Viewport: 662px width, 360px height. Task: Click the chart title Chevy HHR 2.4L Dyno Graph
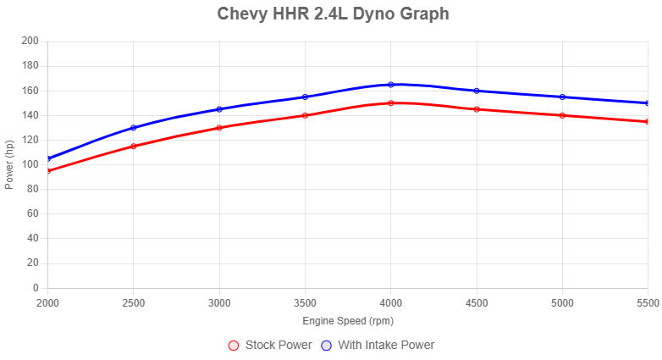(x=333, y=14)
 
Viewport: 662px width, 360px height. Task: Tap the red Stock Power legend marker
(x=234, y=346)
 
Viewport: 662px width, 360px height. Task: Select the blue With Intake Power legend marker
(x=326, y=346)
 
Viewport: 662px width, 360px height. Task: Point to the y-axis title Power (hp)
(x=8, y=164)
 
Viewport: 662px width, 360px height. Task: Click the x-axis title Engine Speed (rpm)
(x=348, y=321)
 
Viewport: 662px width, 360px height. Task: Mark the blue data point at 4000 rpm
(x=391, y=85)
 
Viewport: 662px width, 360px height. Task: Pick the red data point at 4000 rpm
(x=391, y=102)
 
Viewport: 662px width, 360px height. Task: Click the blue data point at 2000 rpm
(x=48, y=158)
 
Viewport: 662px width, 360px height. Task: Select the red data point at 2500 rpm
(x=134, y=147)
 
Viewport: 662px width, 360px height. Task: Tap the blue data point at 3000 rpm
(x=219, y=109)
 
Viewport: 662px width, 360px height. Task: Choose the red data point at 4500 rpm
(x=477, y=109)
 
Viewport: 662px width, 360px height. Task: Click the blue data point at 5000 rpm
(x=562, y=97)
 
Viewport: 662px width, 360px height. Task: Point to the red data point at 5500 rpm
(x=648, y=121)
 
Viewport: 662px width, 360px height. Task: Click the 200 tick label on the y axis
(x=30, y=41)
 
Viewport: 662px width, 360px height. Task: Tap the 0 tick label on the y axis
(x=35, y=288)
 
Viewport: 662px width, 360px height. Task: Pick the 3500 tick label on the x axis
(x=305, y=303)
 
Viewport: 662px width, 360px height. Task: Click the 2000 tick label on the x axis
(x=48, y=303)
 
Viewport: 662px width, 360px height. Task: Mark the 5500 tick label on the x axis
(x=648, y=303)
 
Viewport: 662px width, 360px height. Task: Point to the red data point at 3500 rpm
(x=305, y=115)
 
